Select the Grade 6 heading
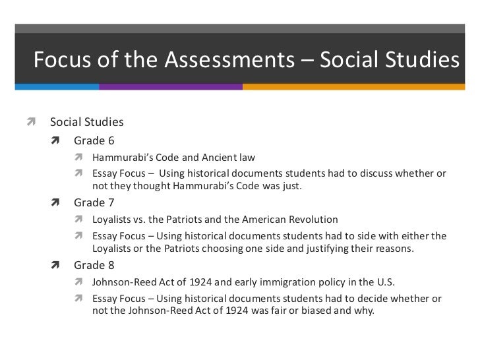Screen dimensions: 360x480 tap(94, 140)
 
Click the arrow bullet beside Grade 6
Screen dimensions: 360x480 tap(57, 140)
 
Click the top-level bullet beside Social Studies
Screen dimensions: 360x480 tap(30, 123)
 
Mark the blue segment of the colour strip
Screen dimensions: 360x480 tap(49, 86)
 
